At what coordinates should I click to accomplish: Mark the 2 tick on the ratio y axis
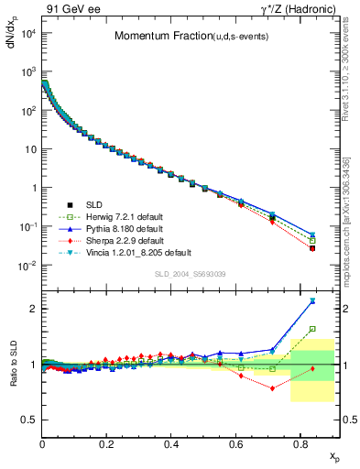[x=32, y=309]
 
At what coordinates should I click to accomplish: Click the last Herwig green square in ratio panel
[x=312, y=329]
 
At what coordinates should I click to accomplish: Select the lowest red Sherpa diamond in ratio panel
[x=272, y=387]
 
